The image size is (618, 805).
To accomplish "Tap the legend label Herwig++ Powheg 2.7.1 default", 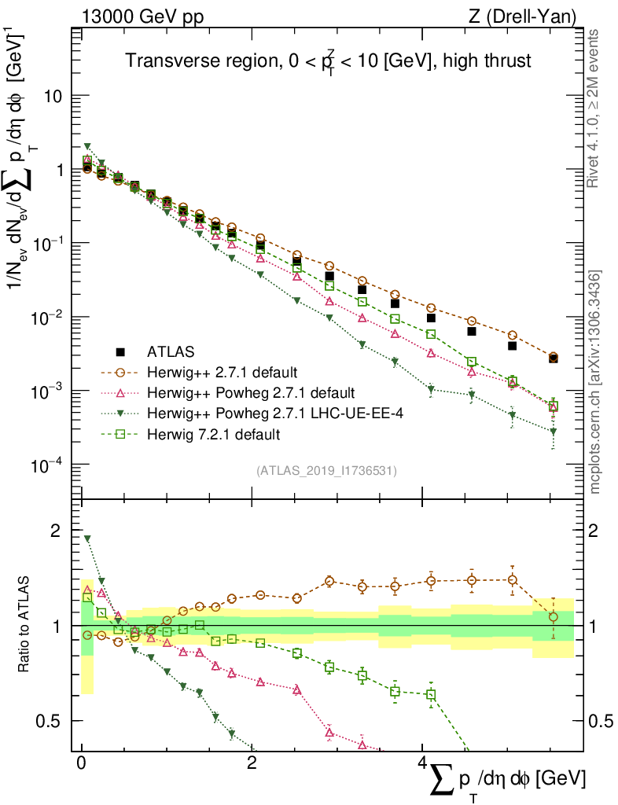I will click(x=251, y=392).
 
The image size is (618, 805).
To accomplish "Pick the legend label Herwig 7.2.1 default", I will click(x=213, y=433).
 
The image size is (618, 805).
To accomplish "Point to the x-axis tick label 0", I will click(x=82, y=763).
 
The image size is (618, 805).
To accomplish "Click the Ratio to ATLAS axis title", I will click(x=24, y=626).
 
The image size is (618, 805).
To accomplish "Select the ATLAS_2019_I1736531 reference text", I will click(x=326, y=471).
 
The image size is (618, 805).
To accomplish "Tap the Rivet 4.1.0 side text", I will click(x=596, y=108).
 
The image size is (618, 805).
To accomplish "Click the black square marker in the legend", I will click(x=120, y=351).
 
